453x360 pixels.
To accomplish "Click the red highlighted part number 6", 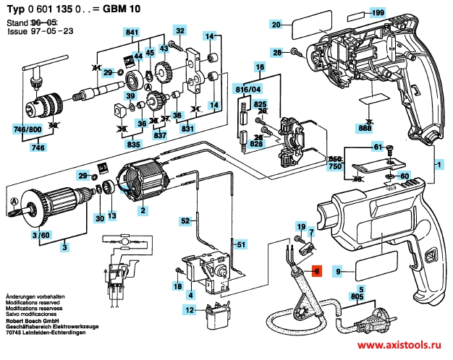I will (x=315, y=271).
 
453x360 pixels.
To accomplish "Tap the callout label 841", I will (x=132, y=33).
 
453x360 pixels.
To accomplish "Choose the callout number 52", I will (x=185, y=220).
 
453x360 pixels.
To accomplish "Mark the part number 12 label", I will (x=190, y=310).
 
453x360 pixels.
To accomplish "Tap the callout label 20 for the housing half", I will (x=276, y=25).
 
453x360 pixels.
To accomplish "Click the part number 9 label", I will (x=337, y=271).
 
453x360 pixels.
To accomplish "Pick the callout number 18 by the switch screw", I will (x=177, y=286).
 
